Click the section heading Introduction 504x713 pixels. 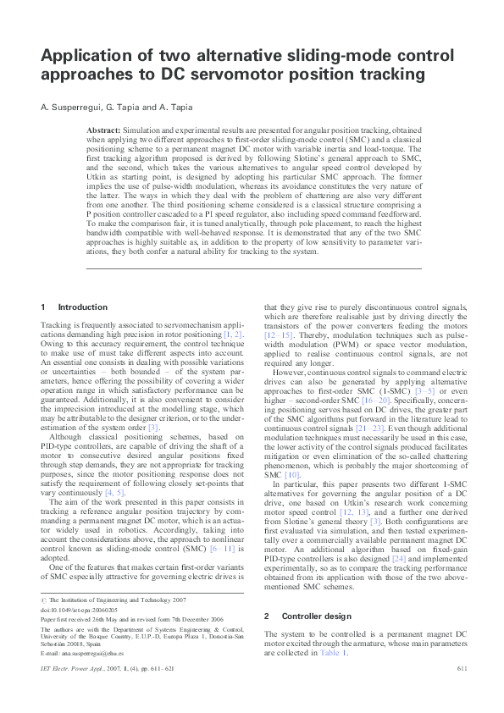click(x=82, y=307)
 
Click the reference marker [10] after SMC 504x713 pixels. click(x=292, y=476)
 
